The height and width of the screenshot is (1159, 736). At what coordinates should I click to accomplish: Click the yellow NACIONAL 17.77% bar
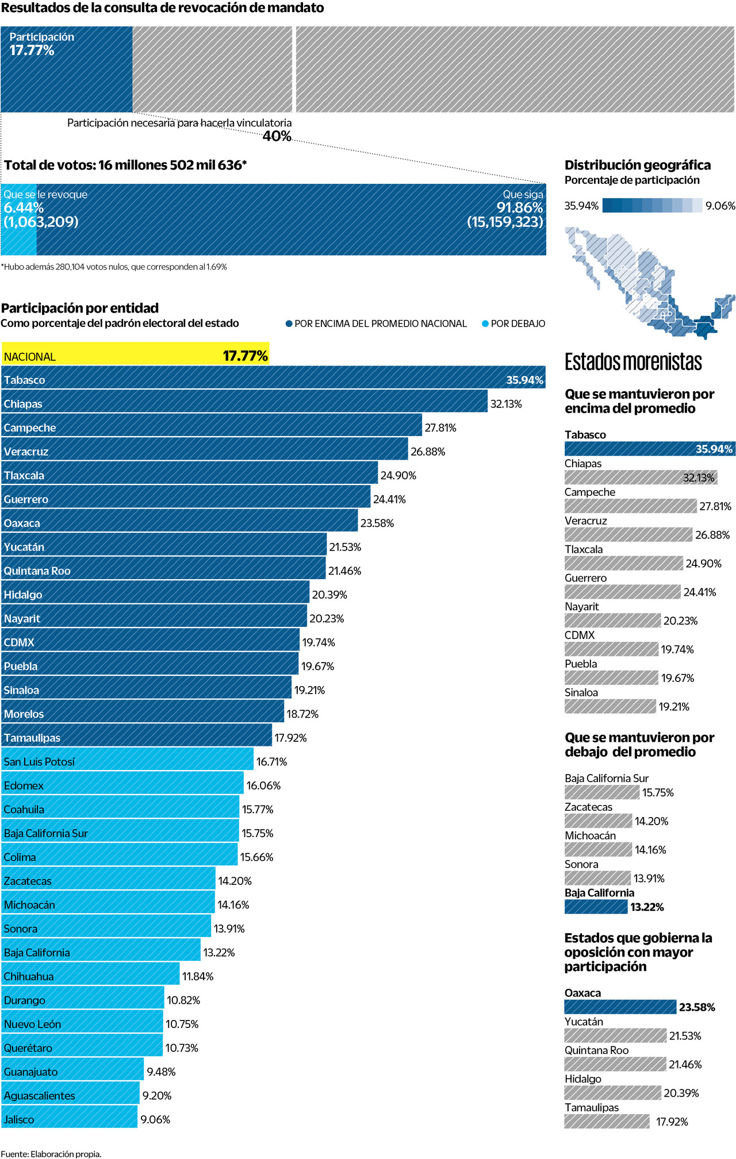point(135,354)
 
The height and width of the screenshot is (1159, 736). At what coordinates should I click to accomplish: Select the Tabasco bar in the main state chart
point(273,378)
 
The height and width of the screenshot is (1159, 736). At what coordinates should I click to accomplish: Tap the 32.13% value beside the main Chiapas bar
point(506,404)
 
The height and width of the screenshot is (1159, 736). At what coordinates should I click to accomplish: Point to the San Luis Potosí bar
point(127,759)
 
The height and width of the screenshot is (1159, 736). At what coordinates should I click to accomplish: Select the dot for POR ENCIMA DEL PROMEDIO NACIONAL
point(289,324)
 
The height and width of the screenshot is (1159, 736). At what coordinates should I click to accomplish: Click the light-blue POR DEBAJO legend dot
point(485,324)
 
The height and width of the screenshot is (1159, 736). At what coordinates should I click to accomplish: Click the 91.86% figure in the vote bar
point(520,208)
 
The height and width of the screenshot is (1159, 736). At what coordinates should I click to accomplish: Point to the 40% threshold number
point(277,136)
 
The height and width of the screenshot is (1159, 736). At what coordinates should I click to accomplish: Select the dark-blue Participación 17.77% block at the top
point(66,69)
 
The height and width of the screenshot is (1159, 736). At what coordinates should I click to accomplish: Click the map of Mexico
point(650,282)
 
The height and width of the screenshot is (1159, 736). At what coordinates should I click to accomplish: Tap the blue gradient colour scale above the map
point(652,206)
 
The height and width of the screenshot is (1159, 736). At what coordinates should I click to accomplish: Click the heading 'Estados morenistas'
point(633,362)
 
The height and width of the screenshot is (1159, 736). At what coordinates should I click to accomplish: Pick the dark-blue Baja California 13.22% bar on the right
point(596,907)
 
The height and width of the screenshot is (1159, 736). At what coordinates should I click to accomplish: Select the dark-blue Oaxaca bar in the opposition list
point(620,1007)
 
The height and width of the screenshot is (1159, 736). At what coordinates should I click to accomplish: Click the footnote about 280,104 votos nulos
point(114,267)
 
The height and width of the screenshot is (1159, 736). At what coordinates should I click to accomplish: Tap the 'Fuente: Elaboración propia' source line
point(51,1153)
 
